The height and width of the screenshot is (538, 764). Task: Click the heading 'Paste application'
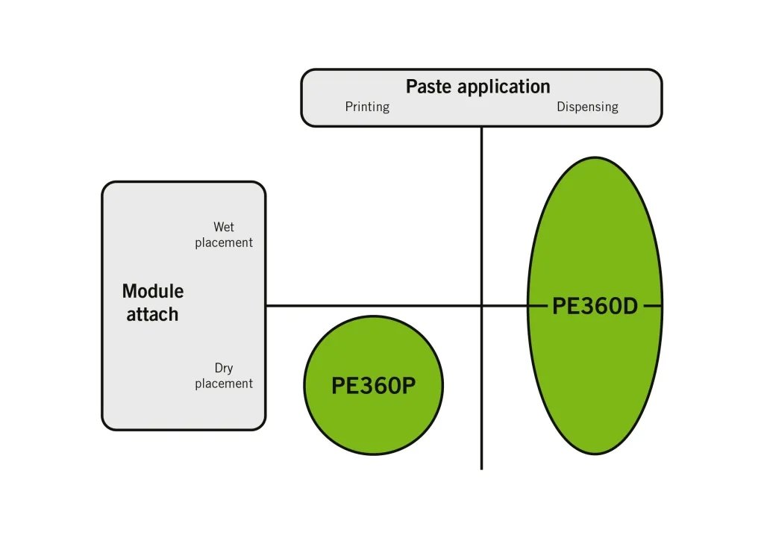(477, 87)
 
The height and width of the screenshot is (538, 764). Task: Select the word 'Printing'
(367, 107)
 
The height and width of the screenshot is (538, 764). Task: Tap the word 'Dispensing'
(587, 107)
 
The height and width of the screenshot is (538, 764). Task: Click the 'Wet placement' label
(224, 234)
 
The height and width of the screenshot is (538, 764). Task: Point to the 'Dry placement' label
(224, 375)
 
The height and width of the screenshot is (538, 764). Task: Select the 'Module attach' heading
(153, 302)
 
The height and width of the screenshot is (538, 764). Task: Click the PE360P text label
(373, 386)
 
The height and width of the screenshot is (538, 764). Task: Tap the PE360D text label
(595, 306)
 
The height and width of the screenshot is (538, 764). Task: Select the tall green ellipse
(595, 224)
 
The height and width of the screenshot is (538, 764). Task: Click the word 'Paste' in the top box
(429, 87)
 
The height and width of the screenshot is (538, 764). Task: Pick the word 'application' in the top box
(504, 87)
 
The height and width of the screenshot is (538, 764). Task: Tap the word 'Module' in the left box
(153, 291)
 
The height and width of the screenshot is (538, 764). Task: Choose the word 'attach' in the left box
(152, 314)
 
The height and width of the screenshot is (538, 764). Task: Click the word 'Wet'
(224, 227)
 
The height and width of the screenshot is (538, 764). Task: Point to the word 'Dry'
(224, 368)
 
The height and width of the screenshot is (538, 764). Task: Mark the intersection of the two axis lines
(481, 305)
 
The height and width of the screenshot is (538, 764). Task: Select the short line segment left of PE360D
(537, 305)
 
